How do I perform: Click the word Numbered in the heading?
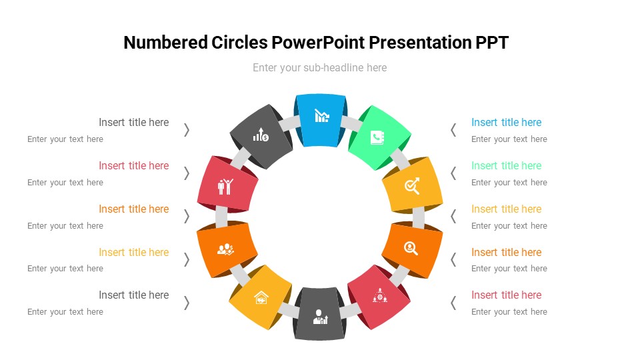point(166,43)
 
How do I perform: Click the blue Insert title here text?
point(506,122)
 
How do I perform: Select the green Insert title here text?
point(506,165)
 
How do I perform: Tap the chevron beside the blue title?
point(453,130)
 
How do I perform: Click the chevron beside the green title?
point(453,173)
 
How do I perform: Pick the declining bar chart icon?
point(321,116)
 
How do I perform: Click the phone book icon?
point(377,137)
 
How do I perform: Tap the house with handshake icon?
point(261,297)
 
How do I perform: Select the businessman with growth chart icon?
point(320,317)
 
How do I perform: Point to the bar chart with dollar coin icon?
point(261,134)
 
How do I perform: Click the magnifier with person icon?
point(411,248)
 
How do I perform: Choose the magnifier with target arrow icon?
point(412,186)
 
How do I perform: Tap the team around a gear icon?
point(379,295)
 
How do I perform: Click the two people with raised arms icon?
point(225,187)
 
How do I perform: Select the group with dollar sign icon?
point(225,249)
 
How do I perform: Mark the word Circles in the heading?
point(239,43)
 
